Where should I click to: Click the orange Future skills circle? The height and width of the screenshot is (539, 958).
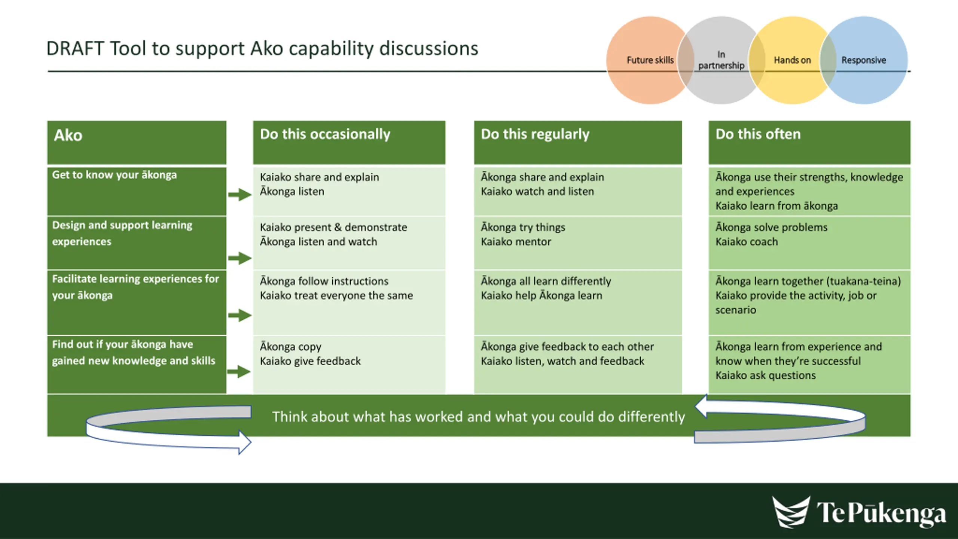point(650,60)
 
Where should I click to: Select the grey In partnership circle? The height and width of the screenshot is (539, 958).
point(721,60)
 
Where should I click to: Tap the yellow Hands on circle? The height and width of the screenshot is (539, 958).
point(793,60)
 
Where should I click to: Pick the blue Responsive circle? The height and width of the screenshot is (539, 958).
point(864,60)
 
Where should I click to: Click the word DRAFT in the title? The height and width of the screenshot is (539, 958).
point(75,49)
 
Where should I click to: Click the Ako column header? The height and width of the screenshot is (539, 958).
point(137,143)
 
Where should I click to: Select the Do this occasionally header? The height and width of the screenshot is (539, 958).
point(349,143)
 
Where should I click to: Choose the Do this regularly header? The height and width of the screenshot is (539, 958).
point(578,143)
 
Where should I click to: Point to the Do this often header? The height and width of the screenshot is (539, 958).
point(809,143)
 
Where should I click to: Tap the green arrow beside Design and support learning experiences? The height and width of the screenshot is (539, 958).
point(240,258)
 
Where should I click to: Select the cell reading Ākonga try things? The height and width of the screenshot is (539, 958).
point(578,243)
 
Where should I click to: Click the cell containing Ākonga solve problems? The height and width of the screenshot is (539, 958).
point(809,243)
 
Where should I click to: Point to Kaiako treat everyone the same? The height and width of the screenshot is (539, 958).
point(336,296)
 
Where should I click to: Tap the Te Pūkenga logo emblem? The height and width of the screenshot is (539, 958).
point(791,512)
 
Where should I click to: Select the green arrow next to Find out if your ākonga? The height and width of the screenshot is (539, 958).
point(239,372)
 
